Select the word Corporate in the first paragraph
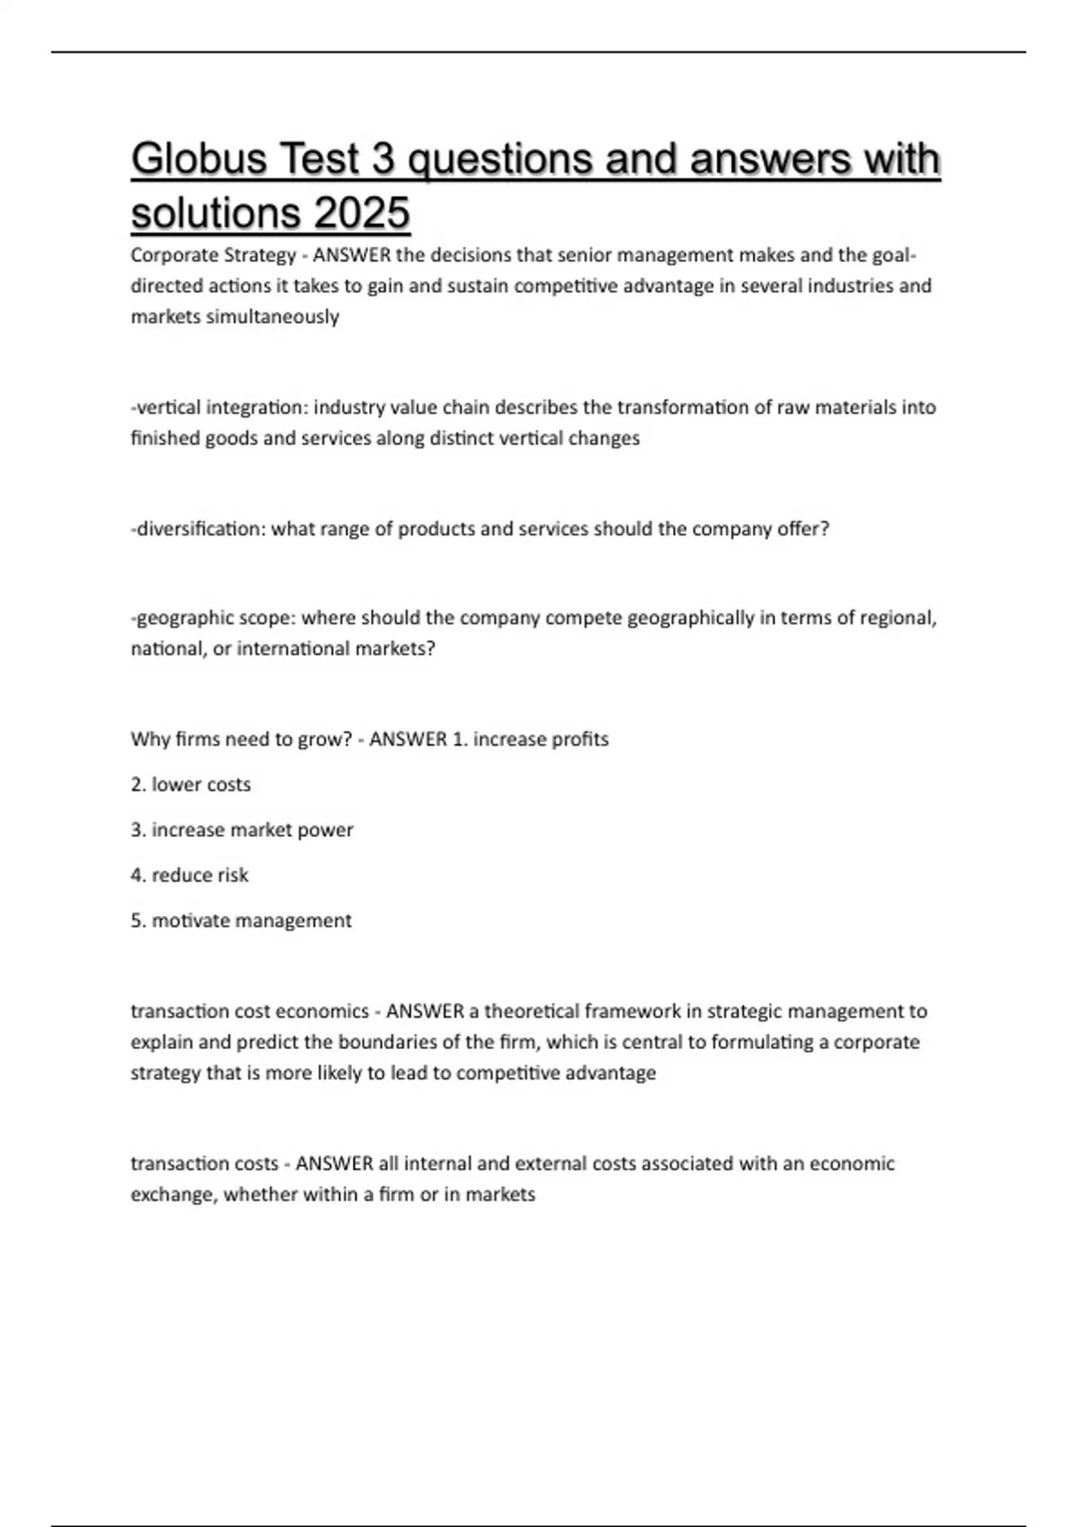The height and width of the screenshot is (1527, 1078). point(168,255)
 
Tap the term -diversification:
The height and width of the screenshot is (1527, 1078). point(199,529)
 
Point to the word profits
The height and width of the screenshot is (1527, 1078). point(579,739)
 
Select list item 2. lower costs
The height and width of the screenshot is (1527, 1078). point(190,785)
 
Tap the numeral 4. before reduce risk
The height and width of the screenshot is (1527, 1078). point(138,876)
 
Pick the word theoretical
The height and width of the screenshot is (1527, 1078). point(532,1011)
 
